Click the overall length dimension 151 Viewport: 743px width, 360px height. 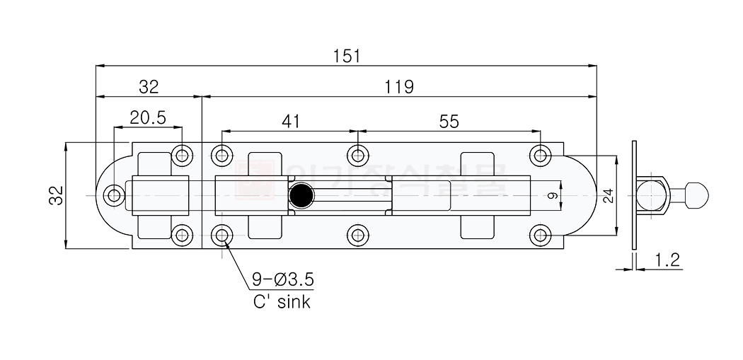point(347,56)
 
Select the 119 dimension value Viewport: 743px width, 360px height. point(399,86)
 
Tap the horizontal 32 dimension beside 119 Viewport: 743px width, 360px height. point(149,86)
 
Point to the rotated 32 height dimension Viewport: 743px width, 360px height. point(57,195)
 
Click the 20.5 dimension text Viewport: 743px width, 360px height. point(147,118)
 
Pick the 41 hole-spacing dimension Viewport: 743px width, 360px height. point(291,121)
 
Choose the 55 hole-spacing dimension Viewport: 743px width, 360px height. point(449,121)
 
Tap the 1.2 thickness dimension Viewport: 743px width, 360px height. point(667,260)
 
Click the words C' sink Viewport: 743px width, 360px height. point(282,302)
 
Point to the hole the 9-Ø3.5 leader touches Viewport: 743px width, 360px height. point(222,235)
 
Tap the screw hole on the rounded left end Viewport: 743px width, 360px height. point(113,195)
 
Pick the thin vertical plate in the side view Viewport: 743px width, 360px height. point(635,195)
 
